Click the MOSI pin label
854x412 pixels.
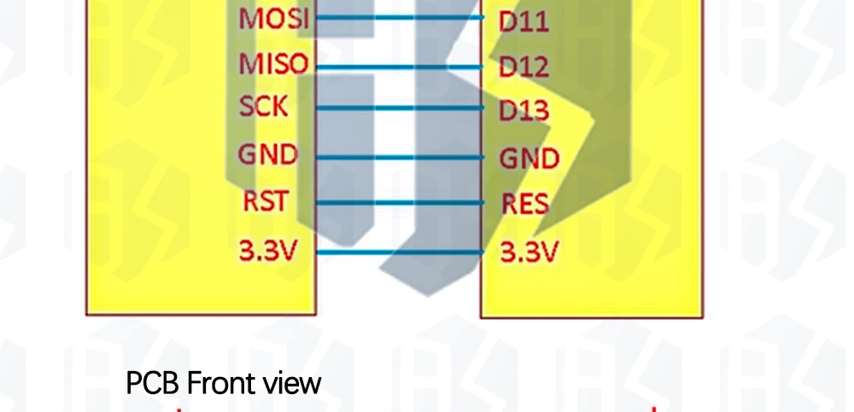click(x=272, y=19)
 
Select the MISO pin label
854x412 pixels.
click(x=272, y=64)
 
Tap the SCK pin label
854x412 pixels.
click(x=264, y=107)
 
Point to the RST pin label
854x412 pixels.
click(x=266, y=203)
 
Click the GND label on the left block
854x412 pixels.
click(x=268, y=155)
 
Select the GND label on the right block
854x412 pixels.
click(x=529, y=159)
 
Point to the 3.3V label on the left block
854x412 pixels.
click(x=268, y=252)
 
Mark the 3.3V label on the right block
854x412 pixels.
click(x=529, y=252)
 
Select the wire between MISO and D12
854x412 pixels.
click(x=397, y=67)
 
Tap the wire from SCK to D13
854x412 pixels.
click(x=397, y=108)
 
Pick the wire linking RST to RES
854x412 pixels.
click(x=397, y=204)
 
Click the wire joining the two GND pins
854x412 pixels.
click(x=397, y=157)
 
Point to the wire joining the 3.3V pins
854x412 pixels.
click(x=397, y=252)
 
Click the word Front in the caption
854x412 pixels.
click(x=220, y=383)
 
